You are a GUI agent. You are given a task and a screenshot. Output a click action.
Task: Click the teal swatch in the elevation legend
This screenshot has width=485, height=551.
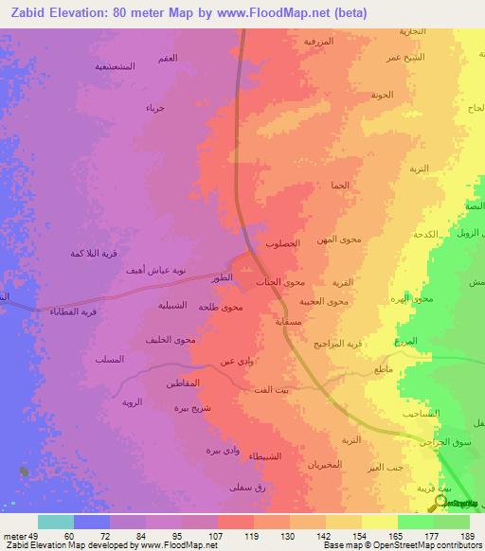56,522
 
